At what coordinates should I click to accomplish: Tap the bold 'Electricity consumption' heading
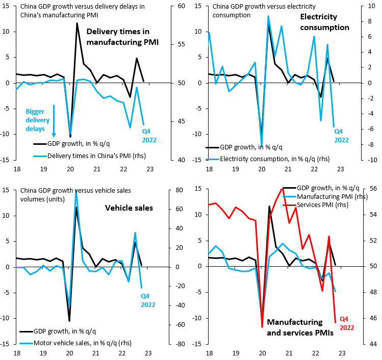point(324,22)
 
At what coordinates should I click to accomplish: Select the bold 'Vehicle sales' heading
point(129,208)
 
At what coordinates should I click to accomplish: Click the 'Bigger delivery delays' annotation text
point(38,120)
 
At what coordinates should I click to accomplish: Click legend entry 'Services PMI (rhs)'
point(322,205)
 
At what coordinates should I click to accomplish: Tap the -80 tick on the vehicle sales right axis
point(181,344)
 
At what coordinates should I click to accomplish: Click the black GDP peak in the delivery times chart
point(77,23)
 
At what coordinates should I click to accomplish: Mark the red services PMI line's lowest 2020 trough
point(262,327)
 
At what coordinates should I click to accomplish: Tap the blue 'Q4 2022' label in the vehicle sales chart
point(148,300)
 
